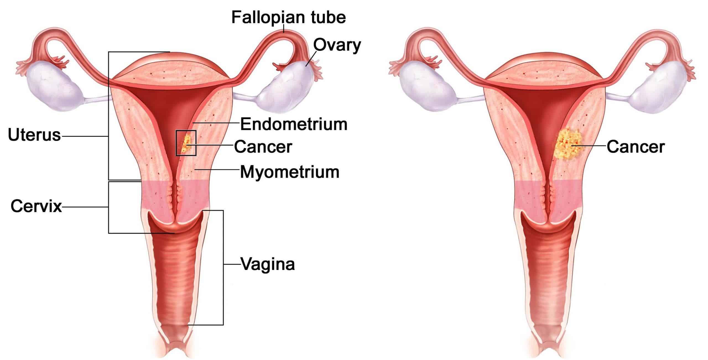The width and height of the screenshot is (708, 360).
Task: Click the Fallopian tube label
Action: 288,17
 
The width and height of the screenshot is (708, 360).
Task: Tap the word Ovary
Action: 337,45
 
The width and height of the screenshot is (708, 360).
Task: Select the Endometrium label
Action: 293,124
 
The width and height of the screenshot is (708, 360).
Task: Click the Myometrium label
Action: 290,172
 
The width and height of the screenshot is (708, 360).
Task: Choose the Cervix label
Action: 36,206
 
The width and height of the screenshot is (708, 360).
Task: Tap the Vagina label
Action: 268,264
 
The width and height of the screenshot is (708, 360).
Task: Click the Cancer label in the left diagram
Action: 263,147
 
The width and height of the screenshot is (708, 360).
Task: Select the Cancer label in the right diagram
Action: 636,147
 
